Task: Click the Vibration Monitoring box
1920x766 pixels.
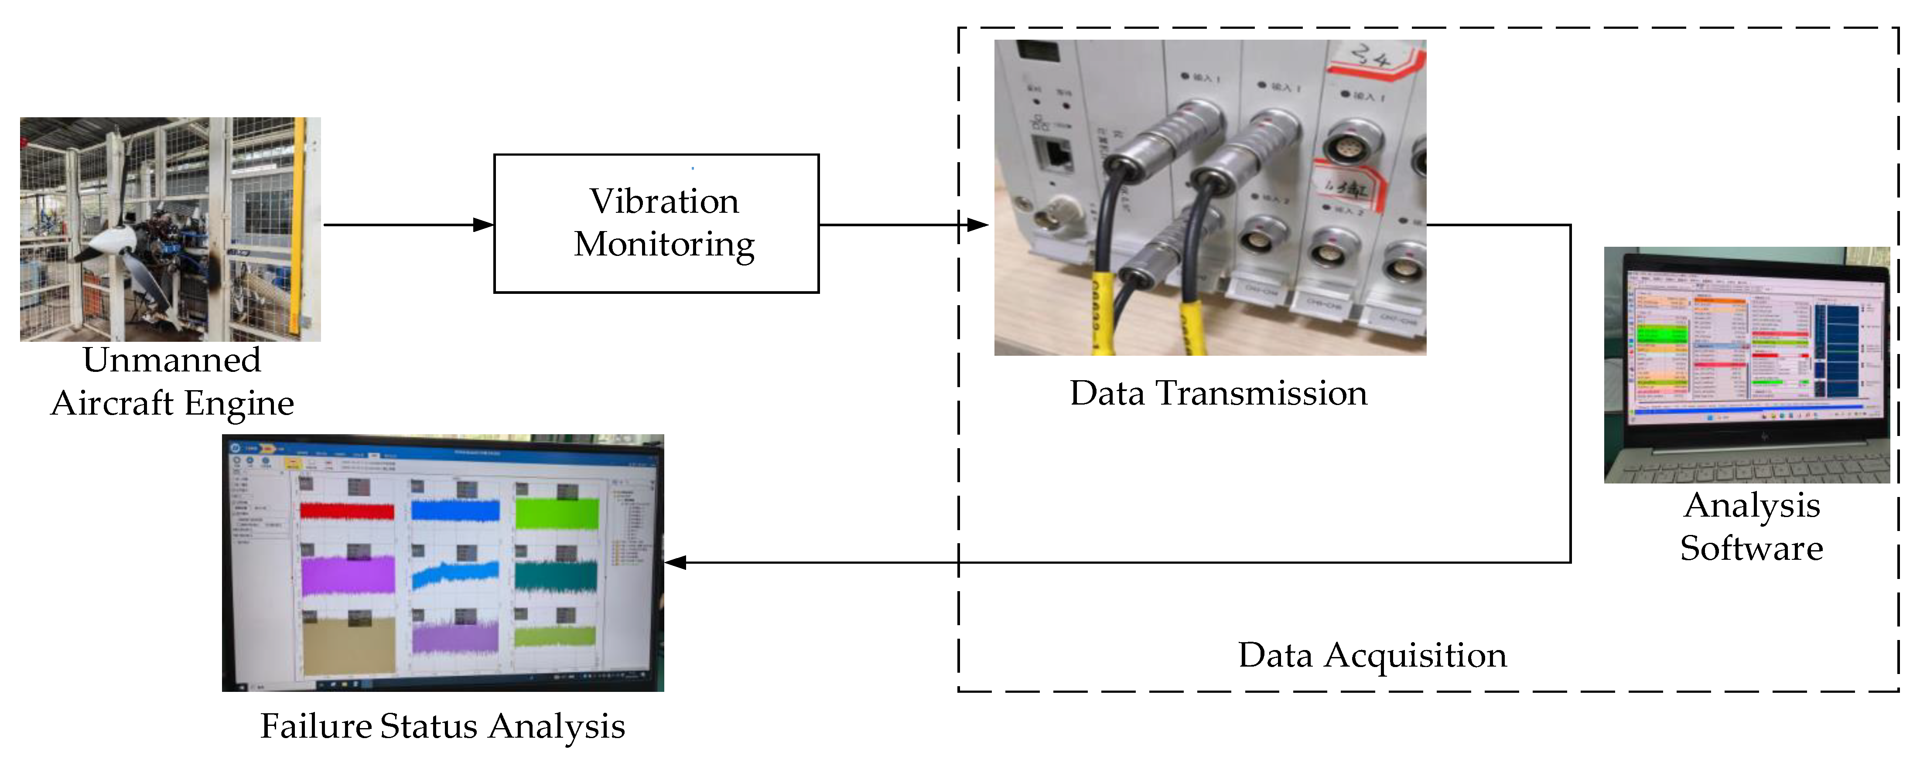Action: click(656, 224)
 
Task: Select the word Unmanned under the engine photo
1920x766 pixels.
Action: click(171, 361)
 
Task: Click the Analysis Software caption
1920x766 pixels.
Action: click(1752, 527)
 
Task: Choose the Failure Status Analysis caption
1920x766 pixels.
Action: click(442, 726)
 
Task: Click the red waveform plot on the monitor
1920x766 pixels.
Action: click(347, 511)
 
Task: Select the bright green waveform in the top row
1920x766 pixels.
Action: click(557, 514)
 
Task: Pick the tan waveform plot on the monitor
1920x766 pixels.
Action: click(348, 644)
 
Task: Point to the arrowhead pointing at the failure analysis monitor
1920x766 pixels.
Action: click(675, 562)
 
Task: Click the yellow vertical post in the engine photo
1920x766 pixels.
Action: click(300, 224)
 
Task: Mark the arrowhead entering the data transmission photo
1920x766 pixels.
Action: click(978, 224)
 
